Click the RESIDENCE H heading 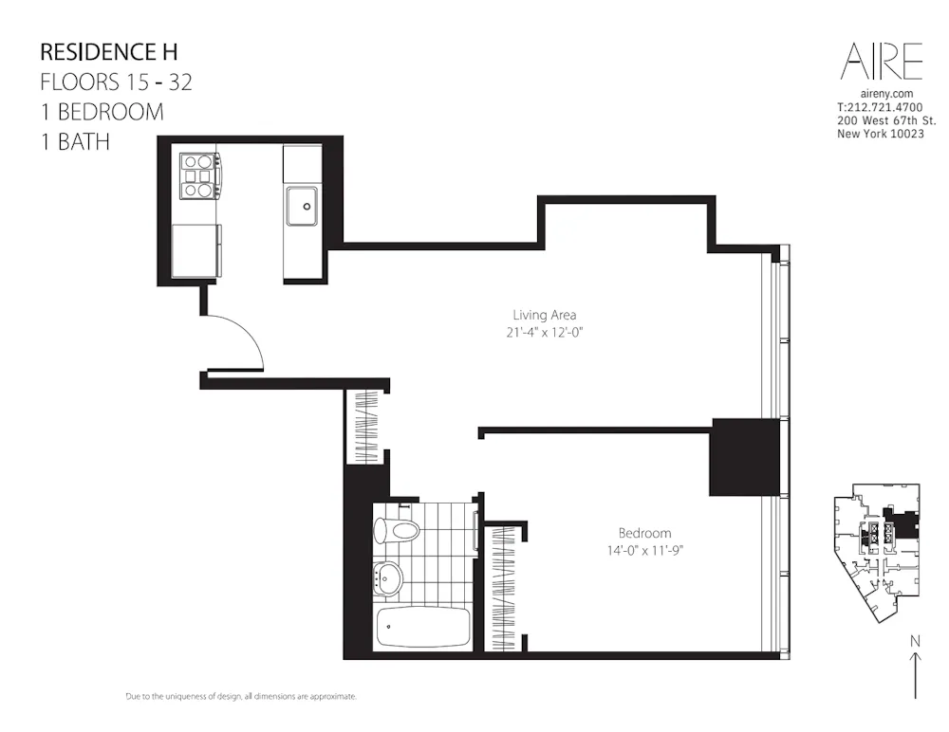[x=108, y=51]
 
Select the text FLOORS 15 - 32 [x=116, y=82]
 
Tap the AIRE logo [x=882, y=62]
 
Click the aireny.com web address [x=885, y=94]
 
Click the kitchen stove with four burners [x=198, y=175]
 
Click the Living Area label [x=545, y=315]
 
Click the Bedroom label [x=644, y=533]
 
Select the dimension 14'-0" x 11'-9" [x=644, y=550]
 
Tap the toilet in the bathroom [x=398, y=529]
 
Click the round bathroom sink [x=387, y=576]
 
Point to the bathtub [x=422, y=629]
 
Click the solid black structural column [x=744, y=457]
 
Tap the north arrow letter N [x=915, y=642]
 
